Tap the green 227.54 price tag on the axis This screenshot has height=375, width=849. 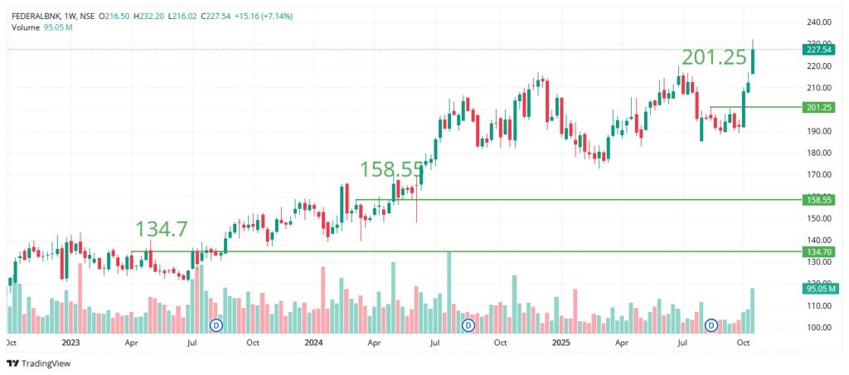coord(818,50)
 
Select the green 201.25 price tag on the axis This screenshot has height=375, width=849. coord(818,107)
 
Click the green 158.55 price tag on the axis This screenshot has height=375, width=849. coord(818,200)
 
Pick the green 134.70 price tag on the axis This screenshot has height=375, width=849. coord(818,251)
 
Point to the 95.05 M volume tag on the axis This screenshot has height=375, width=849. coord(818,288)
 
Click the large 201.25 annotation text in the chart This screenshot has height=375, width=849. coord(714,57)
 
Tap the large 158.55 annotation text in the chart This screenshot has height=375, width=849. coord(392,169)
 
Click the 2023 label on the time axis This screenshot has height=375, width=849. coord(70,342)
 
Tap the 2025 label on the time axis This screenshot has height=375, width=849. coord(561,342)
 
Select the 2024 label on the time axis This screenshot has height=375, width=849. coord(313,342)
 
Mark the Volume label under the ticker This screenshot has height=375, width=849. coord(27,27)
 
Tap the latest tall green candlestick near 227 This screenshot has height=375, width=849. coord(753,62)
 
